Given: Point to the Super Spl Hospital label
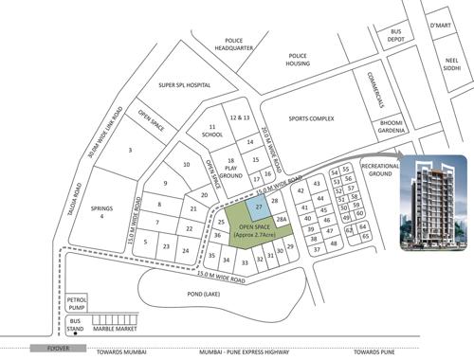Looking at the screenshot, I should pos(185,85).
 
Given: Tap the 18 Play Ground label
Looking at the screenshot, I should pos(230,169).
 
